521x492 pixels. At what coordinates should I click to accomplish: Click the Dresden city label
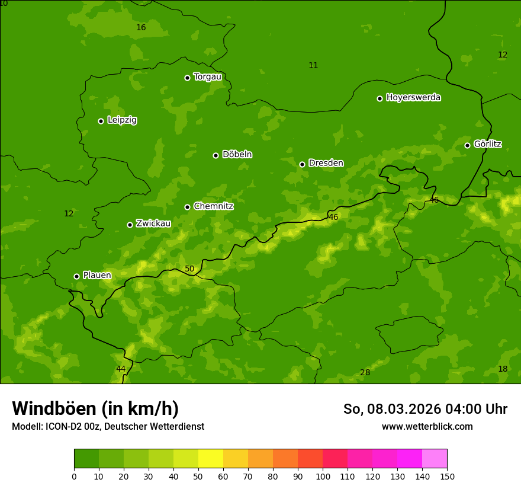[x=326, y=163]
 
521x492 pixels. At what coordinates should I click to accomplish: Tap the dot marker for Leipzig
[x=101, y=121]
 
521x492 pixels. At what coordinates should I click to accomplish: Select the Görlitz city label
[x=487, y=144]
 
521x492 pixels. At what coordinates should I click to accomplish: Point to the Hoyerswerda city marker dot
[x=380, y=98]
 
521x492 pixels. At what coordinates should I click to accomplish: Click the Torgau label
[x=207, y=76]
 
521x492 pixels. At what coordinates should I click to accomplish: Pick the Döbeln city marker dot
[x=216, y=155]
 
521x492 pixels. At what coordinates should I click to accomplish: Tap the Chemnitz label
[x=213, y=206]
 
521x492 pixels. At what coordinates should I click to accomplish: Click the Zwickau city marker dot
[x=130, y=225]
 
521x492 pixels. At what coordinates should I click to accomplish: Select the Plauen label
[x=97, y=275]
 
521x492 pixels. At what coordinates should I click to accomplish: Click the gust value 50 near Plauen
[x=189, y=269]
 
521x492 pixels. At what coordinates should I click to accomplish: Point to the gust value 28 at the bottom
[x=365, y=372]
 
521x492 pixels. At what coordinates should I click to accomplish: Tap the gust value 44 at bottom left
[x=121, y=369]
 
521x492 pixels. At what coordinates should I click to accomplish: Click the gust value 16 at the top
[x=141, y=28]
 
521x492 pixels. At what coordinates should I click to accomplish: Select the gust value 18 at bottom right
[x=503, y=369]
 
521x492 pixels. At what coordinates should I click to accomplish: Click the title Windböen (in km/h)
[x=95, y=408]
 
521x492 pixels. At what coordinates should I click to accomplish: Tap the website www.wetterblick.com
[x=427, y=426]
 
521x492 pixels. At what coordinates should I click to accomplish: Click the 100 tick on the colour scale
[x=323, y=476]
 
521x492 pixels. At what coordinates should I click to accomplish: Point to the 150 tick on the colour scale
[x=447, y=476]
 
